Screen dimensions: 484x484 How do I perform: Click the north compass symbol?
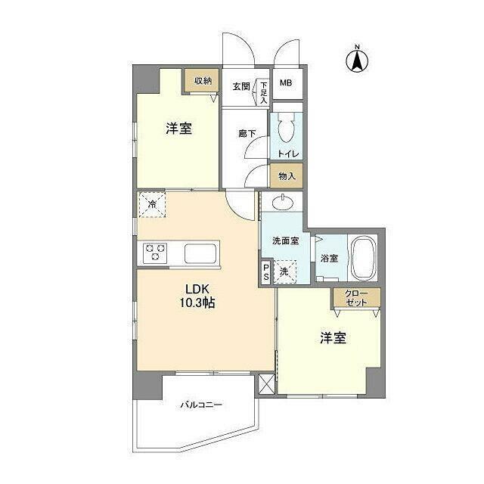(357, 60)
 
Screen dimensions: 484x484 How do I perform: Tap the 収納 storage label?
(203, 81)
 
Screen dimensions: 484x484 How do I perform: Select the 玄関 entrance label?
(241, 86)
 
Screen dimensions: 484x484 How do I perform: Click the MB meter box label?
(286, 82)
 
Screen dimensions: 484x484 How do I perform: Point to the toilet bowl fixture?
(286, 127)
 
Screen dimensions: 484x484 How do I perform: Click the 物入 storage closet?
(287, 176)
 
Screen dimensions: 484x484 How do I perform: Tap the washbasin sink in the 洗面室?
(283, 203)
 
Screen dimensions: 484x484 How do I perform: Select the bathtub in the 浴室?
(364, 258)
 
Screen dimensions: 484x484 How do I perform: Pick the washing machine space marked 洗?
(284, 272)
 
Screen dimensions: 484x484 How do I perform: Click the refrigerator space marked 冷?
(152, 204)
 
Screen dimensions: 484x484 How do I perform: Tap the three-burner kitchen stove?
(154, 253)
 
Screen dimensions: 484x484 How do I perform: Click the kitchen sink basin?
(200, 254)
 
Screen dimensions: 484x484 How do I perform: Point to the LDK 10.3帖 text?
(197, 296)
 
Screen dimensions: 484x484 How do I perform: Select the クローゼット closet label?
(356, 298)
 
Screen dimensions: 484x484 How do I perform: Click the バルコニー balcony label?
(201, 405)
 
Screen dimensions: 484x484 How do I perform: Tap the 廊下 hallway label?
(247, 134)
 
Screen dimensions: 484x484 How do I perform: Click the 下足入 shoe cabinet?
(263, 92)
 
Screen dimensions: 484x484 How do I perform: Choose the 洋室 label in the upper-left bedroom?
(179, 129)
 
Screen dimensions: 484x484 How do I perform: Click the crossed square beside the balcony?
(266, 384)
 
